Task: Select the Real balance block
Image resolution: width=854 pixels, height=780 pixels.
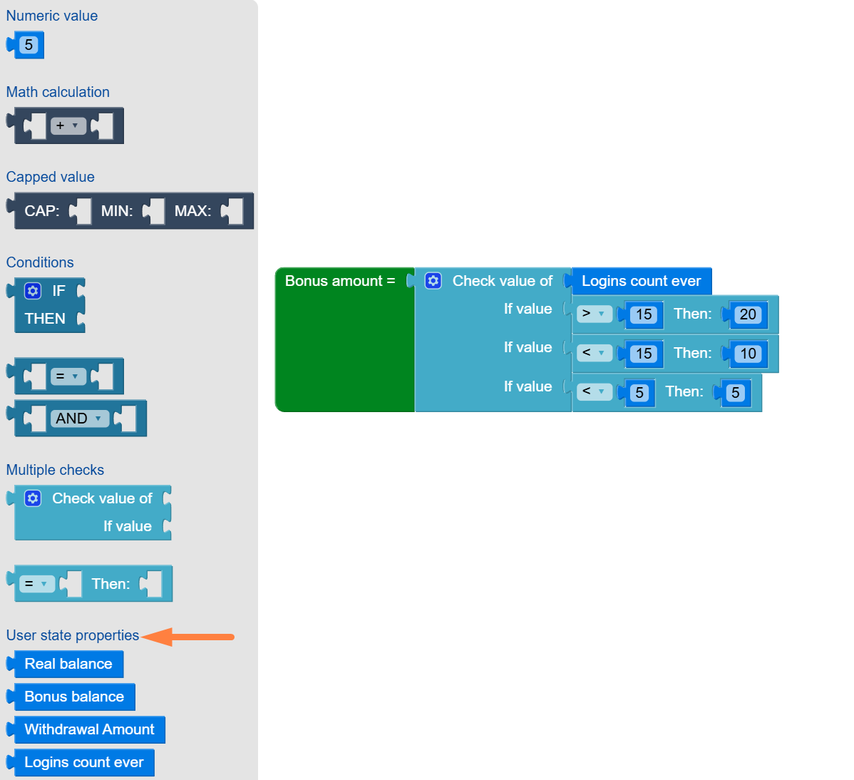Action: click(x=68, y=664)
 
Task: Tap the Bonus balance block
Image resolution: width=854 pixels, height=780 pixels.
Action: click(x=73, y=697)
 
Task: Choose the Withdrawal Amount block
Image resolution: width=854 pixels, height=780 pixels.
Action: click(x=89, y=729)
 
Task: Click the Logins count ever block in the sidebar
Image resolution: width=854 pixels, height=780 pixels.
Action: click(x=83, y=762)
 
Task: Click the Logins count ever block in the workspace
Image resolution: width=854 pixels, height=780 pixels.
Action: click(x=641, y=281)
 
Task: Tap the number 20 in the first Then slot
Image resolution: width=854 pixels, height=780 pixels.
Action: click(x=747, y=314)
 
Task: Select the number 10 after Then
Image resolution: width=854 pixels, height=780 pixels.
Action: click(x=747, y=354)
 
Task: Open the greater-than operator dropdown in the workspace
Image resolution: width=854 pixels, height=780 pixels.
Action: click(x=594, y=314)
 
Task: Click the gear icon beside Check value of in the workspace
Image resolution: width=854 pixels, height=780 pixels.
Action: click(x=433, y=281)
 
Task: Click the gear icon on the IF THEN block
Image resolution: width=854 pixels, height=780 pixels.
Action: click(x=33, y=291)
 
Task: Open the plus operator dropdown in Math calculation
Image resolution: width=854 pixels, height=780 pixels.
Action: click(x=68, y=126)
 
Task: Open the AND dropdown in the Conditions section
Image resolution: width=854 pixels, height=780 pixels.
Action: click(x=80, y=419)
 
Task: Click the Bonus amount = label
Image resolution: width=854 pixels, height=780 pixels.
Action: click(x=340, y=281)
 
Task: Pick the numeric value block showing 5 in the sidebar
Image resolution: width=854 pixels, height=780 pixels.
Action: click(x=29, y=45)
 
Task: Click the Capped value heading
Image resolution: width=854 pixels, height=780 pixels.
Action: click(x=50, y=177)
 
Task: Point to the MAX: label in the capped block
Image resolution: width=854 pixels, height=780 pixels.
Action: click(x=192, y=211)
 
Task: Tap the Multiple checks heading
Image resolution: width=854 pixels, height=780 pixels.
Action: click(x=55, y=470)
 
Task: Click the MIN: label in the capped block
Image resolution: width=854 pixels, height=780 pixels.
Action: click(x=117, y=211)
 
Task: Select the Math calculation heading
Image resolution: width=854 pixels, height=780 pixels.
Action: click(x=58, y=92)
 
